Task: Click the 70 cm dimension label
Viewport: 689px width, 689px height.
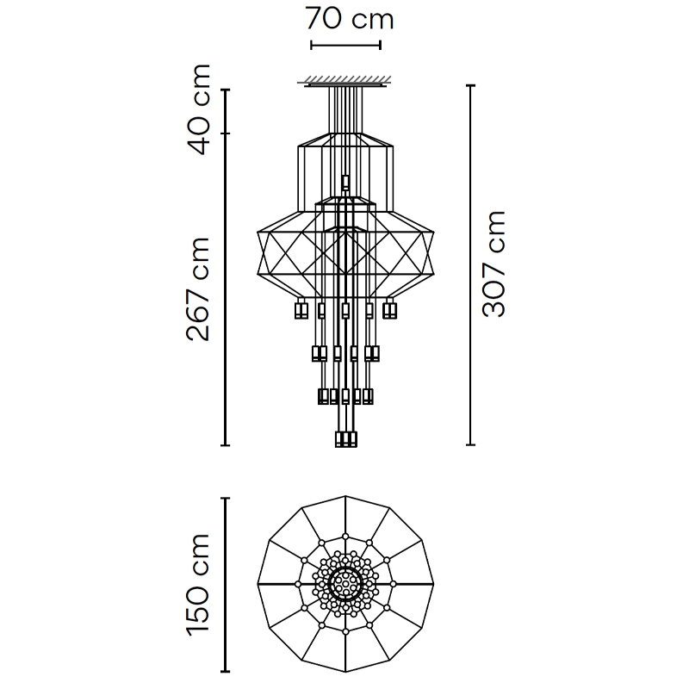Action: (x=350, y=18)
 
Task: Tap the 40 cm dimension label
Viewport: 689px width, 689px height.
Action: (x=198, y=109)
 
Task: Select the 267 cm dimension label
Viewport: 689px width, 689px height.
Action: (x=198, y=289)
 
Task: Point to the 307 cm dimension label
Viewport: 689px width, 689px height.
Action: (x=493, y=264)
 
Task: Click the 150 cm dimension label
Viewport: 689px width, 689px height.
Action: (x=198, y=585)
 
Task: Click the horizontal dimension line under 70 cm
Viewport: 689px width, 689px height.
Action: (x=346, y=45)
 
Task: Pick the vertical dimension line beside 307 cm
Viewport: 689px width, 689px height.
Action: (x=470, y=265)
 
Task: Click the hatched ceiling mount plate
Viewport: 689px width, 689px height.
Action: (x=345, y=81)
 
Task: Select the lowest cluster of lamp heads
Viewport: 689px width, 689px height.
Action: (x=346, y=439)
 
